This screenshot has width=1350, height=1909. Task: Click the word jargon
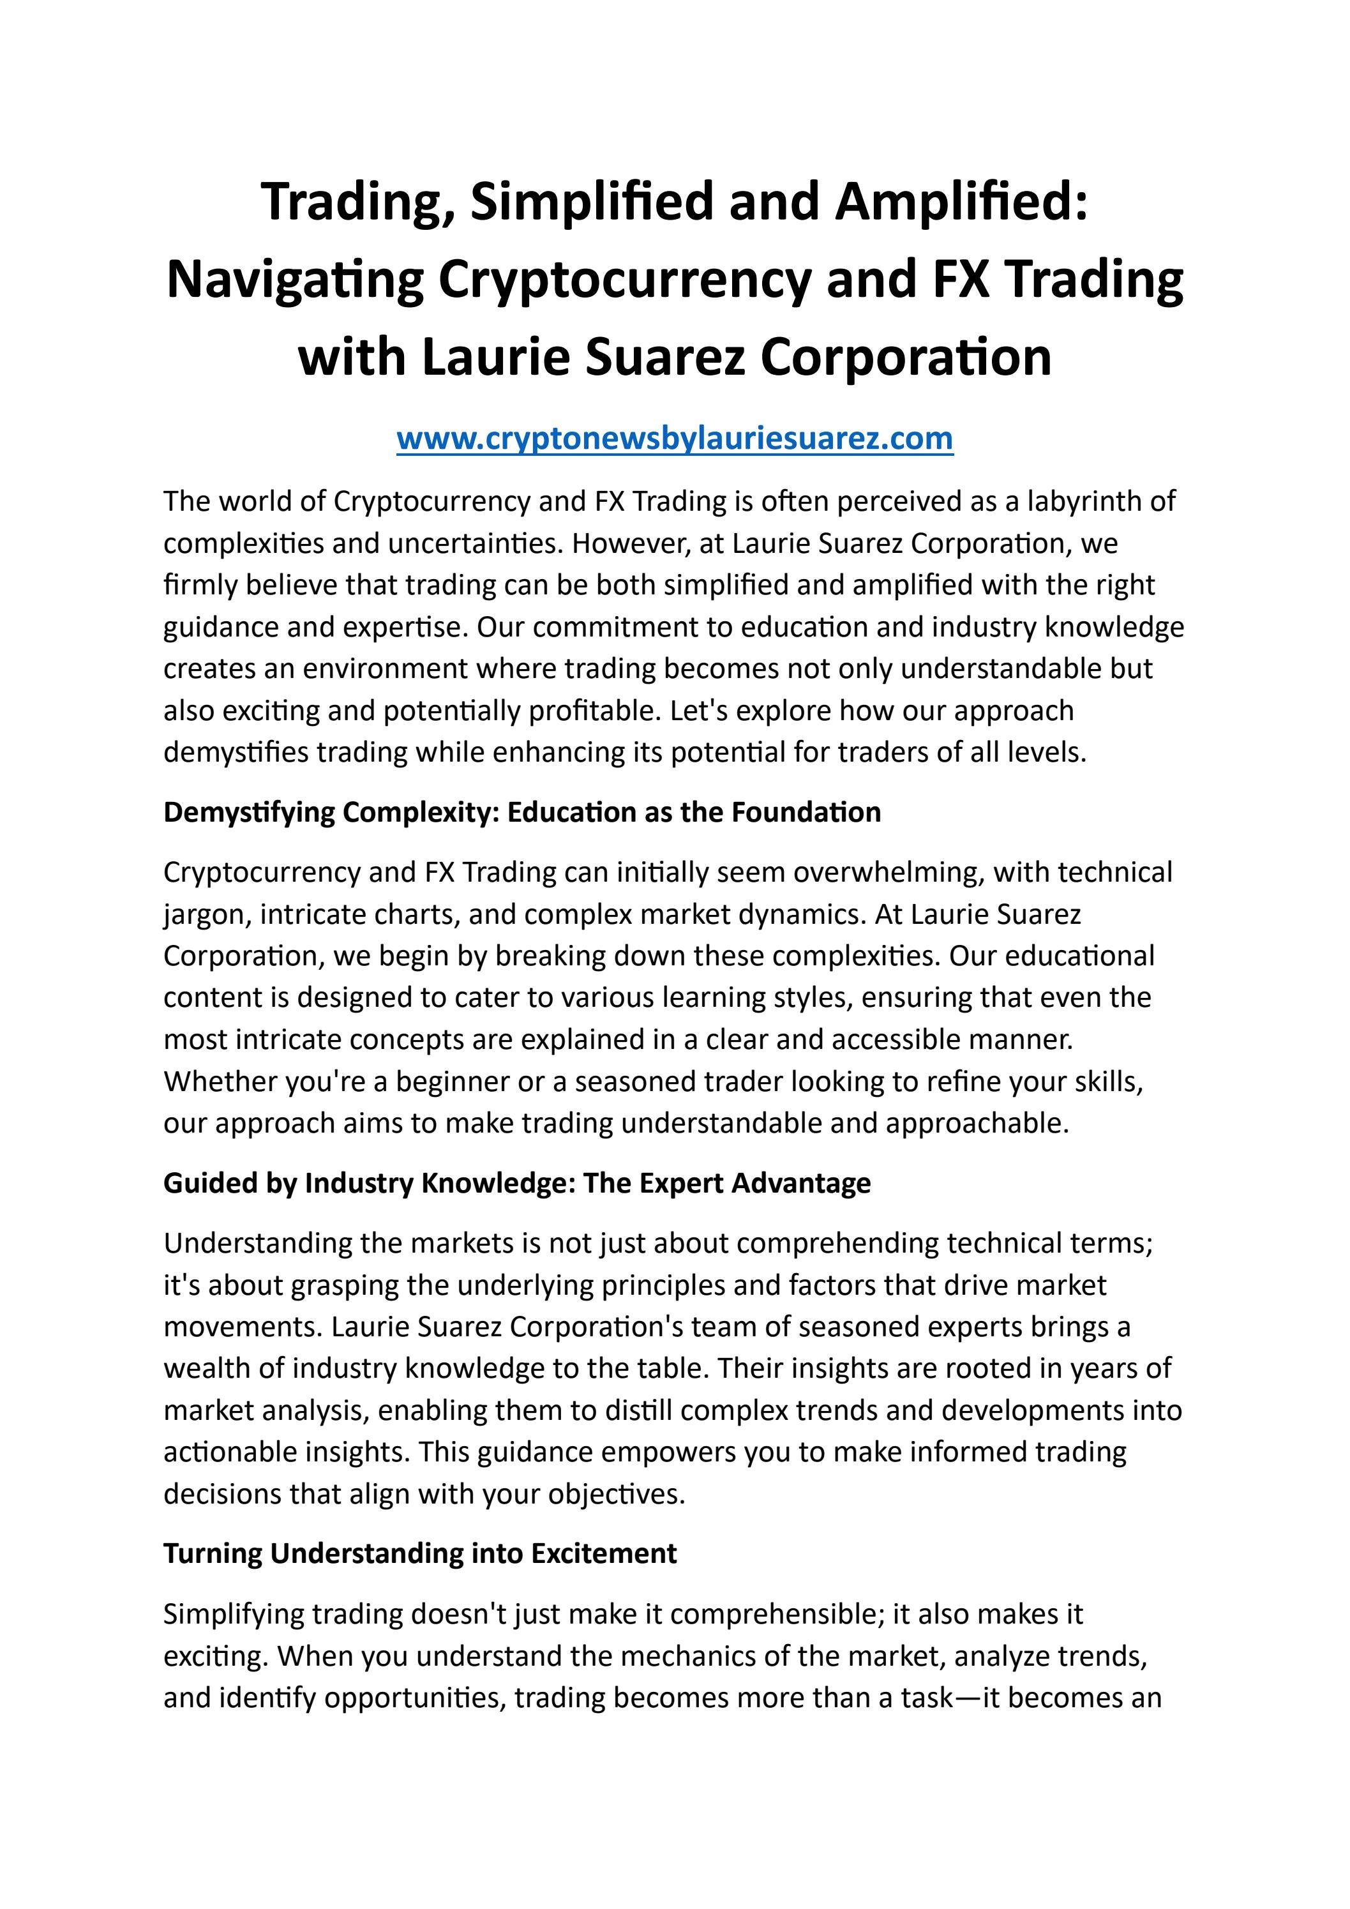(207, 914)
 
